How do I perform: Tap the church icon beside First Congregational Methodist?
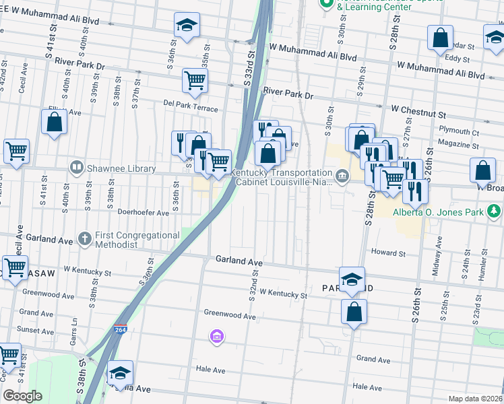84,238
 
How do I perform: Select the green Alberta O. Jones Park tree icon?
495,212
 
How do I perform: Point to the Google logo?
22,396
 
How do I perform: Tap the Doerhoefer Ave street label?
143,212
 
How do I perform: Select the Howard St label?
388,254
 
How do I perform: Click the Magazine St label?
456,145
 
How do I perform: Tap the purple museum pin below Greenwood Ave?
216,336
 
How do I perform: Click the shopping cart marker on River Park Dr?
195,81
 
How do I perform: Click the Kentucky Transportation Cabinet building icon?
342,177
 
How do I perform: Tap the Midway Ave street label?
439,257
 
